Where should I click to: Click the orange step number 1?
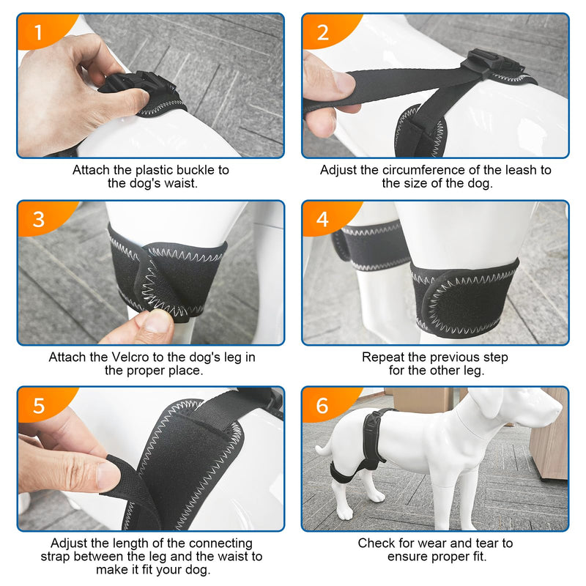(x=39, y=31)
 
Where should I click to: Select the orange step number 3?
(x=39, y=219)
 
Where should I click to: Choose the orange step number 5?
(x=39, y=405)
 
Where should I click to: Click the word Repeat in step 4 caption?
(x=383, y=357)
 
